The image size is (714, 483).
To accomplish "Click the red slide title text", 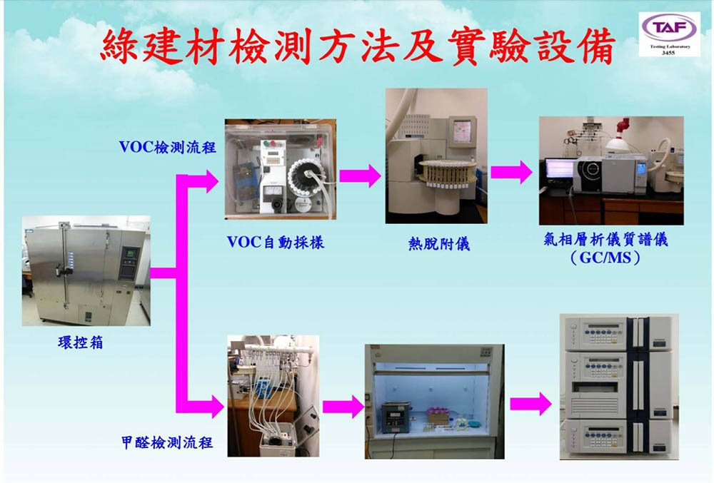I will pos(357,47).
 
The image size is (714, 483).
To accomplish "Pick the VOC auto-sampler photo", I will pos(281,170).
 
